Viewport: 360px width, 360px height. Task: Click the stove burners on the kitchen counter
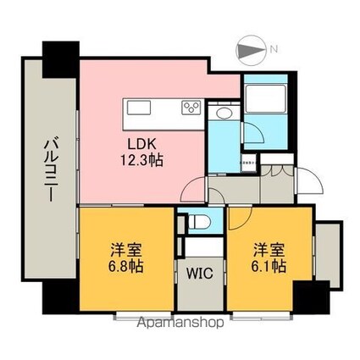tap(191, 108)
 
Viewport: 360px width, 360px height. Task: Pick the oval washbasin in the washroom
tap(224, 114)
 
